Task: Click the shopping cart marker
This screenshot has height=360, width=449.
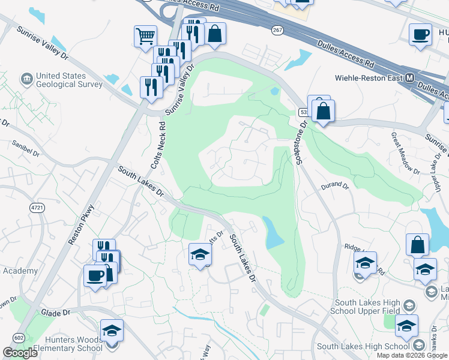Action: (x=145, y=37)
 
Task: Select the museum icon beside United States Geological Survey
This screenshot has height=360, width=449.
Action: (x=26, y=79)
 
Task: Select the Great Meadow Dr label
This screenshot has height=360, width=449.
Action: (x=405, y=153)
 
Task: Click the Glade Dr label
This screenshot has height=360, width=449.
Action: (x=56, y=313)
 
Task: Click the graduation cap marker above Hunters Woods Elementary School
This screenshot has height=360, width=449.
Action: (x=112, y=331)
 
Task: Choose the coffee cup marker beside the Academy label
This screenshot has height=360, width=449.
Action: (x=95, y=275)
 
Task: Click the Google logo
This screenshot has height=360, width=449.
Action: (x=20, y=353)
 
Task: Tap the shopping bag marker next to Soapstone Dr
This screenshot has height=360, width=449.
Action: (x=323, y=111)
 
